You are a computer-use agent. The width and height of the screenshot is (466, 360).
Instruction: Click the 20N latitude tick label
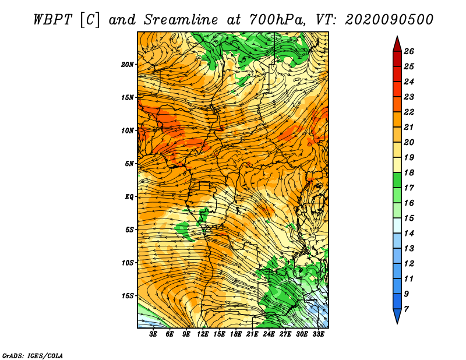tap(127, 65)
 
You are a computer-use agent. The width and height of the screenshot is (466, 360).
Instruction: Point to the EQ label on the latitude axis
tap(129, 197)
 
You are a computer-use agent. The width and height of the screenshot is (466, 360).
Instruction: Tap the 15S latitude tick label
tap(128, 296)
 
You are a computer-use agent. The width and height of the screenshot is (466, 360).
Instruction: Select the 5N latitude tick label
tap(129, 164)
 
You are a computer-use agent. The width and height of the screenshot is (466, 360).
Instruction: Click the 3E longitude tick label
tap(153, 334)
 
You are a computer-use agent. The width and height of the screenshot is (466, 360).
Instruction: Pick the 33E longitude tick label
tap(318, 334)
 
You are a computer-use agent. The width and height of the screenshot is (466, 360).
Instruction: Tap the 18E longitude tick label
tap(236, 334)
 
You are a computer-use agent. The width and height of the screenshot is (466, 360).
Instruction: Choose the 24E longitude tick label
tap(269, 334)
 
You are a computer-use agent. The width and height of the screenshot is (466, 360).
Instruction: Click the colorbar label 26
tap(409, 51)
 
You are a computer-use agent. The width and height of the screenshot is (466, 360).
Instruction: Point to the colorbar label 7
tap(406, 309)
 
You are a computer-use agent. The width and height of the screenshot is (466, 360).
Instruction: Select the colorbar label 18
tap(409, 172)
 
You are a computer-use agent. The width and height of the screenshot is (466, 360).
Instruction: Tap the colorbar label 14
tap(409, 234)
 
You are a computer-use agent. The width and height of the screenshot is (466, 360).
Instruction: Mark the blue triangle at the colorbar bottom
tap(397, 315)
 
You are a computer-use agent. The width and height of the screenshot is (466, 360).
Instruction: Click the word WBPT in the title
tap(52, 20)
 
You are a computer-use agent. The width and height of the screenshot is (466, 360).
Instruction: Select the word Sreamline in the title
tap(181, 20)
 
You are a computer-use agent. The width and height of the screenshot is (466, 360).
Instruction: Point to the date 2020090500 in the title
tap(389, 20)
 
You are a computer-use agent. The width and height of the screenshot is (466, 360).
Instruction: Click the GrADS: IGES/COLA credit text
tap(33, 356)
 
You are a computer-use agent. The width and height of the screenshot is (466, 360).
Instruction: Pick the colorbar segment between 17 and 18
tap(397, 180)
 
